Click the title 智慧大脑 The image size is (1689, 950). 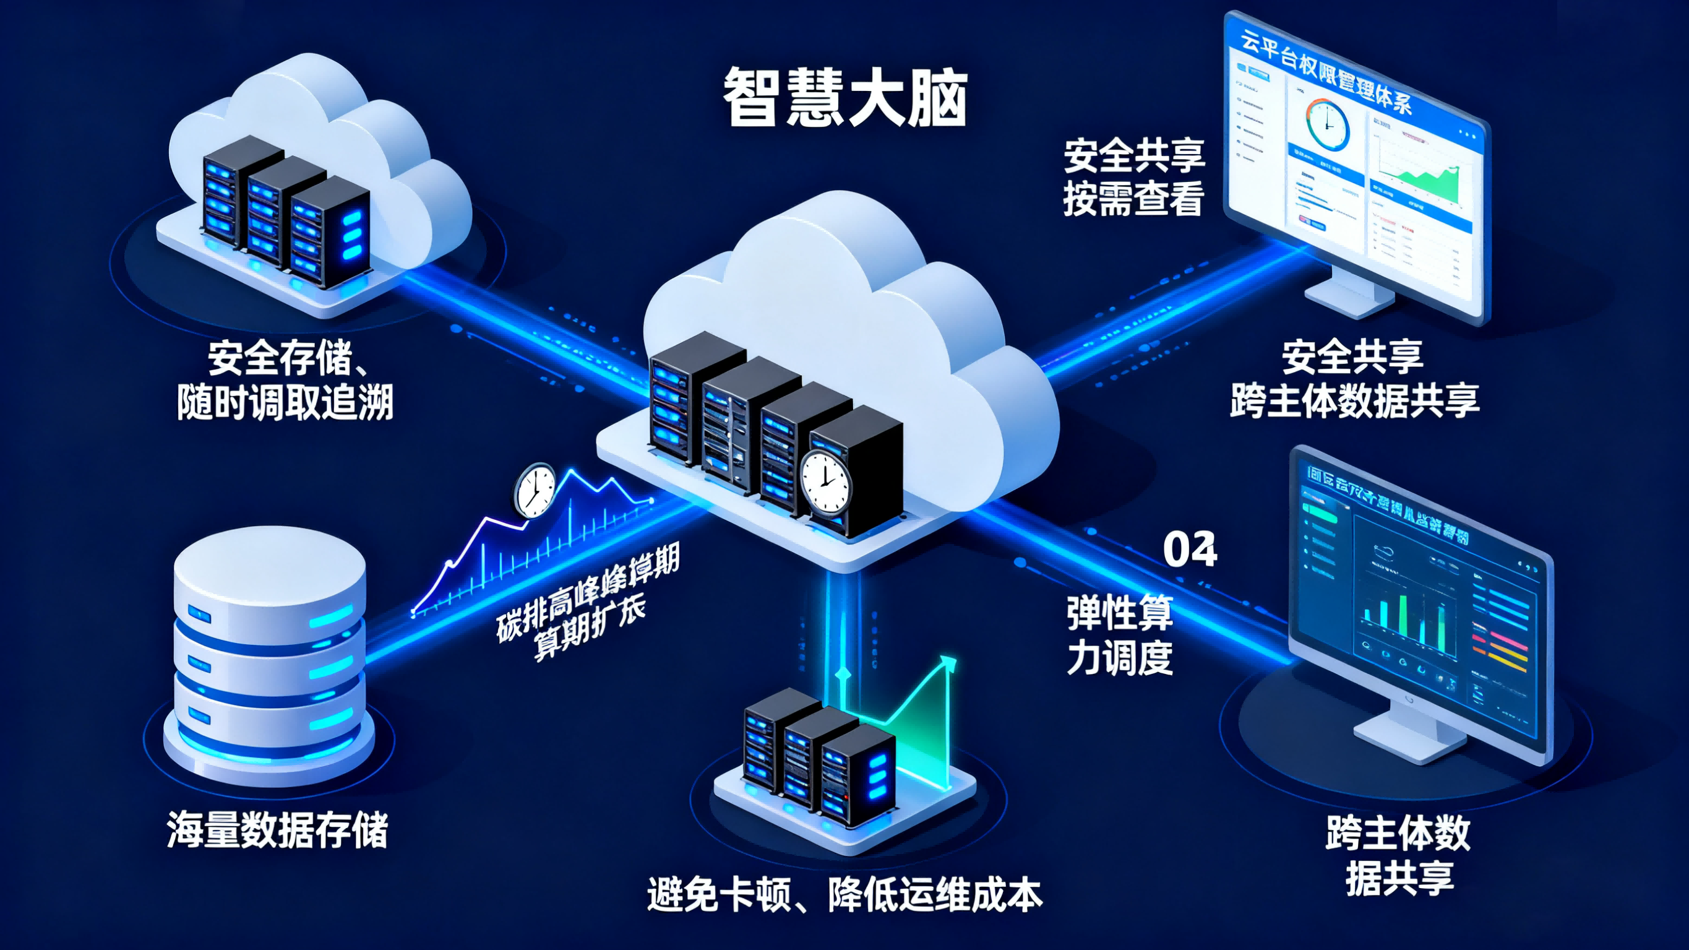(x=845, y=98)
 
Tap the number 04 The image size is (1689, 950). (x=1189, y=550)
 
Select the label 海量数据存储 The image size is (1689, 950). (x=277, y=830)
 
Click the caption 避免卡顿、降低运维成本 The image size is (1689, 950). (x=844, y=894)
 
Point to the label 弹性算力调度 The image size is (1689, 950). (x=1120, y=634)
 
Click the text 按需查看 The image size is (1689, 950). (x=1133, y=197)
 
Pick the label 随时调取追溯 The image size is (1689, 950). (x=285, y=402)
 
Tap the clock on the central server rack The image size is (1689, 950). (x=825, y=482)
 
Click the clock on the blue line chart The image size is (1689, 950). (x=535, y=490)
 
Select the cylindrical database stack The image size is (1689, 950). (x=269, y=656)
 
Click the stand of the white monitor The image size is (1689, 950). (x=1351, y=295)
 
